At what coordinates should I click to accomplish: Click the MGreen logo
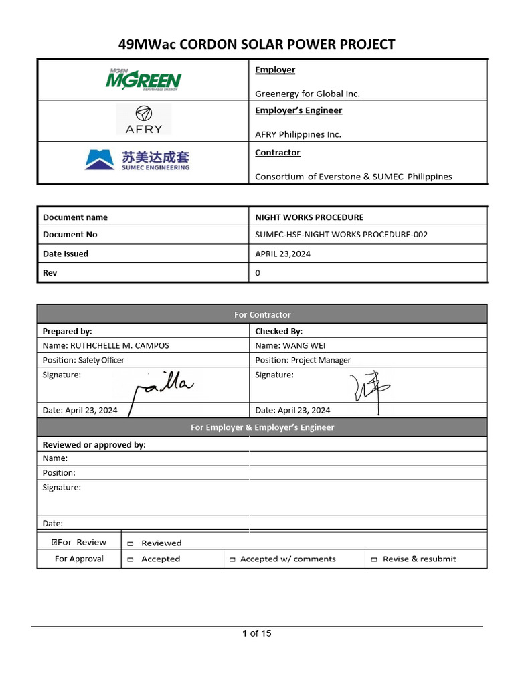coord(143,80)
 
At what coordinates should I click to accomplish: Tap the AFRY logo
coord(143,120)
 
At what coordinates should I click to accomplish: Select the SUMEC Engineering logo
coord(137,160)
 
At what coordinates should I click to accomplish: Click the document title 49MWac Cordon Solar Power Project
coord(256,45)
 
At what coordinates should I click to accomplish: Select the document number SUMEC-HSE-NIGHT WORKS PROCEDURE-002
coord(341,235)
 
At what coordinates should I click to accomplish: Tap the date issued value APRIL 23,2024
coord(282,254)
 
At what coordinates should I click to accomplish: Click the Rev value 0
coord(258,273)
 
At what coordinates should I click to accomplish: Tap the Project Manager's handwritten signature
coord(366,389)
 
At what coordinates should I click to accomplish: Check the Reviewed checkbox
coord(131,543)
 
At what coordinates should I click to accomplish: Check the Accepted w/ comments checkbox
coord(232,559)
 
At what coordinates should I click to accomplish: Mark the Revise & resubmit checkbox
coord(374,559)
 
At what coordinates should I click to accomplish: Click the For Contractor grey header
coord(262,314)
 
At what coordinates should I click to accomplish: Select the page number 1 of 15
coord(257,633)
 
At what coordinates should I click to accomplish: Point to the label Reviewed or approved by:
coord(94,444)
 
